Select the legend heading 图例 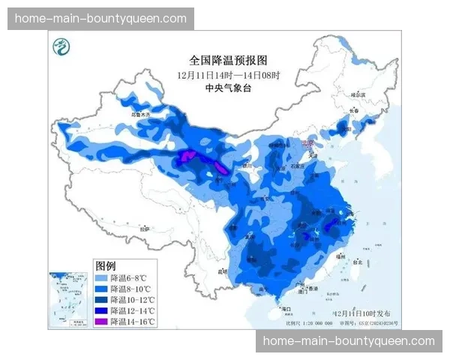(105, 266)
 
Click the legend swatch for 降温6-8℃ (101, 277)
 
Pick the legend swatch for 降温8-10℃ (101, 289)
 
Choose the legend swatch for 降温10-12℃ (101, 299)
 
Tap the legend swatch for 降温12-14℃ (101, 310)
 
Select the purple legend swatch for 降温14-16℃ (101, 321)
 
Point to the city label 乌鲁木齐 (141, 115)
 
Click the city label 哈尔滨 (360, 95)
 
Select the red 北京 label (307, 142)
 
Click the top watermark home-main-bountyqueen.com (101, 18)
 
